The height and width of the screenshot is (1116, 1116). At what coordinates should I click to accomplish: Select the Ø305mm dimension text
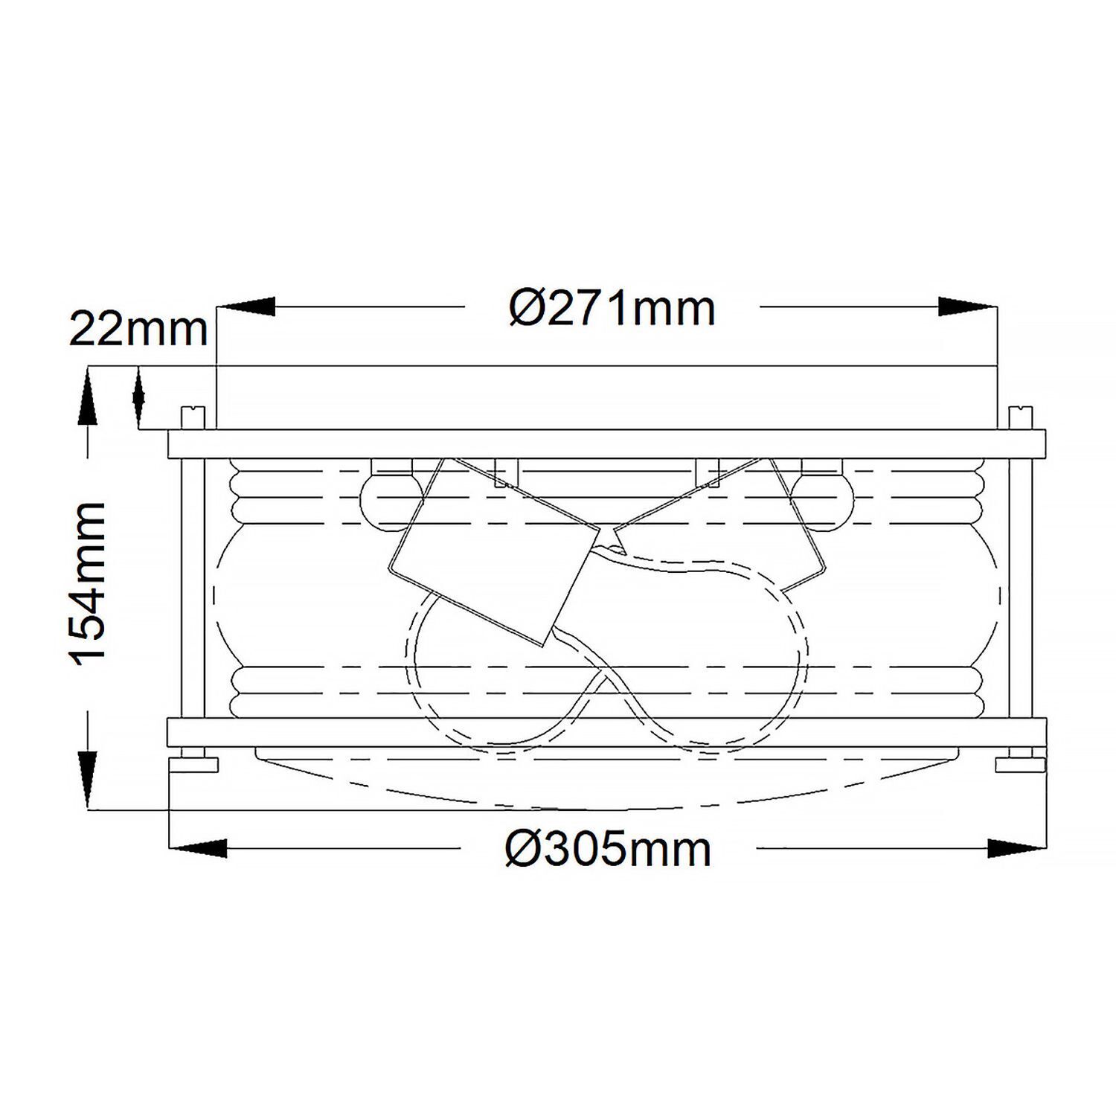point(608,849)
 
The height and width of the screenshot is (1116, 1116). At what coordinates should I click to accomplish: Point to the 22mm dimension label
point(138,329)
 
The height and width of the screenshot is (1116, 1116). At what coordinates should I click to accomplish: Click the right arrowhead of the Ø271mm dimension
point(966,307)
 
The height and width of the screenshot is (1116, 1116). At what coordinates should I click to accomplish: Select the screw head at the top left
point(193,418)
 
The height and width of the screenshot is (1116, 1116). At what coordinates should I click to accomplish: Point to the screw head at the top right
point(1018,418)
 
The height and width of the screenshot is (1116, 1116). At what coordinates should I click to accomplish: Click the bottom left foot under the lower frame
point(193,765)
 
